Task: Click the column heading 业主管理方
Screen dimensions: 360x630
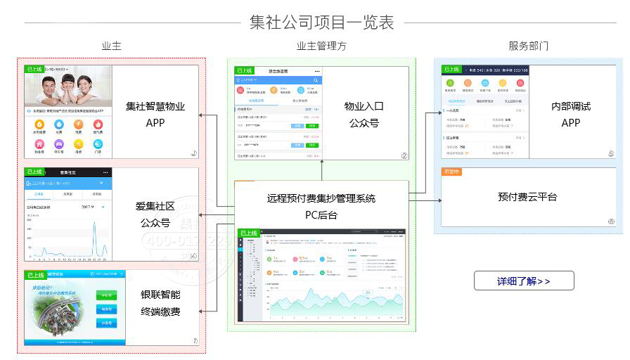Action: point(321,46)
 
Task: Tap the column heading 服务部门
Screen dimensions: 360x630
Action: point(528,46)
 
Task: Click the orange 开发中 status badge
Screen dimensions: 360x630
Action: point(451,172)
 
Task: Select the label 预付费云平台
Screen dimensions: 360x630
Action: point(527,198)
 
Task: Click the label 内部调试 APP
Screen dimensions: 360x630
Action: point(570,114)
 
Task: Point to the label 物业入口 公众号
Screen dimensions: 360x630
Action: point(364,114)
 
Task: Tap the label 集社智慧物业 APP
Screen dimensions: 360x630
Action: point(155,114)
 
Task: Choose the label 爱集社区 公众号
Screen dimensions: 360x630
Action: point(155,214)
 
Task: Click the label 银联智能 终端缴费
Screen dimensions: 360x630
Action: point(160,302)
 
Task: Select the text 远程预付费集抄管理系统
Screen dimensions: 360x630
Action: point(321,198)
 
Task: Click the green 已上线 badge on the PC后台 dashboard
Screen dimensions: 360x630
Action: point(249,233)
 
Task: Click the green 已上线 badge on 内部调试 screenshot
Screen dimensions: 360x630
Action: point(451,70)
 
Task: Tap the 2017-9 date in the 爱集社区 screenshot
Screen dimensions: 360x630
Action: point(88,207)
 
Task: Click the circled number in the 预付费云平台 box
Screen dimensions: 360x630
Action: point(611,221)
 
